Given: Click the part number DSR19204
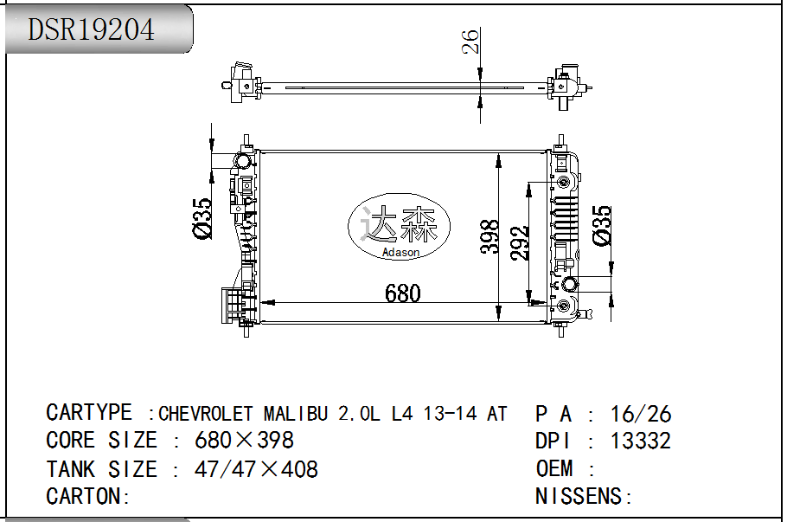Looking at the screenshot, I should [x=92, y=29].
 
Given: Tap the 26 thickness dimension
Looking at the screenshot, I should [x=470, y=42].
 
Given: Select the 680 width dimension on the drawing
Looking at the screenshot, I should [x=403, y=293].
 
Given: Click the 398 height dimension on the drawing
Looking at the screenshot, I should [x=490, y=236].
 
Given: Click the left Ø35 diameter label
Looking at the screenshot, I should [x=201, y=219].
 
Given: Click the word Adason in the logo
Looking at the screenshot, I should [x=400, y=253].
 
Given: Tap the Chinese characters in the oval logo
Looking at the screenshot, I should [x=400, y=225].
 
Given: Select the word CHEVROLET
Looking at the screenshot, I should [x=206, y=413].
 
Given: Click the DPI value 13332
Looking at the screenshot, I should [x=640, y=441].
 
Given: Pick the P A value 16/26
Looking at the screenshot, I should [x=640, y=414].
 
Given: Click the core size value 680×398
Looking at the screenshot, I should [x=244, y=441].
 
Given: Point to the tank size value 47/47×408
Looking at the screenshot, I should [x=256, y=469].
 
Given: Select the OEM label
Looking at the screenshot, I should [x=554, y=468].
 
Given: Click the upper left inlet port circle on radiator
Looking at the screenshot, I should [x=243, y=161].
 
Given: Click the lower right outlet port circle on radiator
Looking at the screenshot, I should [x=569, y=285].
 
